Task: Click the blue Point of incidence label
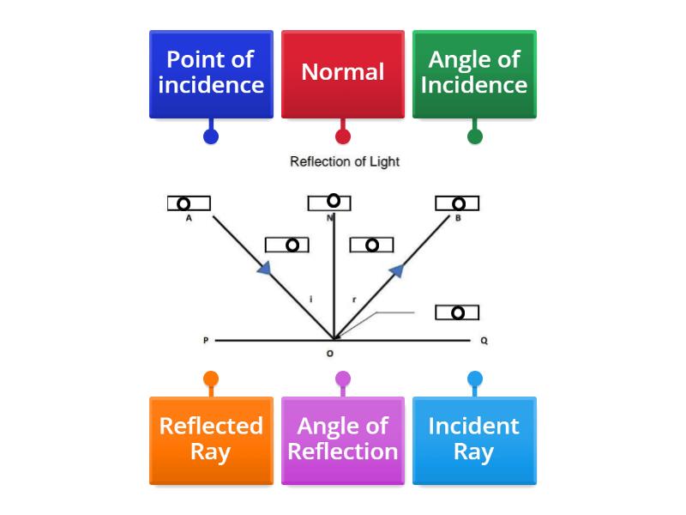211,74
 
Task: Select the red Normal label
343,74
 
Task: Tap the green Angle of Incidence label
474,74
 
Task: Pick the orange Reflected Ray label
211,439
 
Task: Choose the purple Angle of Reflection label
343,439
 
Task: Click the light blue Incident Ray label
474,439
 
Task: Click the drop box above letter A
189,203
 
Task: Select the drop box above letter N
329,202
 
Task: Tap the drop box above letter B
457,203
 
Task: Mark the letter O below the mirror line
330,354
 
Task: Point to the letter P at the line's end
206,341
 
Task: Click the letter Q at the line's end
484,341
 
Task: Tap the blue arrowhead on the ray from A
265,269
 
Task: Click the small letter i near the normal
310,300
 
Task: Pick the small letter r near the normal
354,300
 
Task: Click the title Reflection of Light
345,161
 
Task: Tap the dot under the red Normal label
343,136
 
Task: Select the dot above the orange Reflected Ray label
211,379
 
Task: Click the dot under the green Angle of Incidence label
474,136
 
